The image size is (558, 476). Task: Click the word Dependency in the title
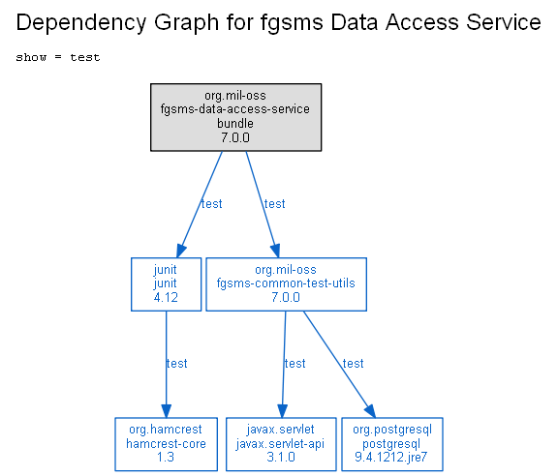coord(81,23)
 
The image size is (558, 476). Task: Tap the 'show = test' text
coord(58,57)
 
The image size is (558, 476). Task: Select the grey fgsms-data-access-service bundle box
coord(236,117)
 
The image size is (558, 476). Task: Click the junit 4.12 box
coord(167,284)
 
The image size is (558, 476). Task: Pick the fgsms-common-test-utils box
coord(286,284)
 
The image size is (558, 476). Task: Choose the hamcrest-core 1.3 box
coord(167,444)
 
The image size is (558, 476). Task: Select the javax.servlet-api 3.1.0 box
coord(281,444)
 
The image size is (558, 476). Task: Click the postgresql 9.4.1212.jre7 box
coord(392,444)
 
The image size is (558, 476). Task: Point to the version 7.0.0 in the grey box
coord(235,137)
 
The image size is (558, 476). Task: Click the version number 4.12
coord(166,297)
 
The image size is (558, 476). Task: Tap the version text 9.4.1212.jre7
coord(391,457)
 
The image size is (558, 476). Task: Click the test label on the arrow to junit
coord(212,204)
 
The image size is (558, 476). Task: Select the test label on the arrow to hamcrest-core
coord(177,364)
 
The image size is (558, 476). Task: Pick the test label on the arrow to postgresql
coord(353,364)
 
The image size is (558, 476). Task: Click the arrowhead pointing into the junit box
coord(181,251)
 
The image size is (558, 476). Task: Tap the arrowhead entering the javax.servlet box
coord(282,411)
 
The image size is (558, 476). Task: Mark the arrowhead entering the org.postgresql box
coord(371,411)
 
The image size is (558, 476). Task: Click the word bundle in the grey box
coord(235,124)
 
